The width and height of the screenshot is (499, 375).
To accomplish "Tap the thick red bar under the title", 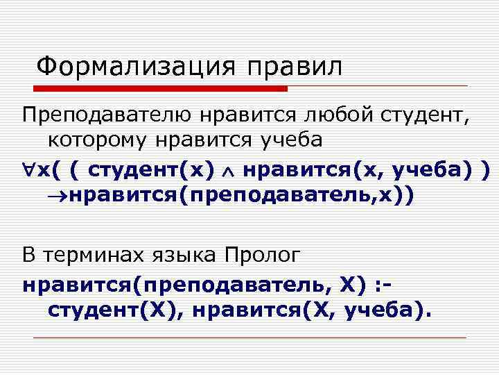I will (x=160, y=89).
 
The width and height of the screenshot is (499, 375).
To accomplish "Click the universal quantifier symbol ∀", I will (x=28, y=169).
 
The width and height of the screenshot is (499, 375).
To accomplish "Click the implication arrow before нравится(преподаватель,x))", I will (x=54, y=196).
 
